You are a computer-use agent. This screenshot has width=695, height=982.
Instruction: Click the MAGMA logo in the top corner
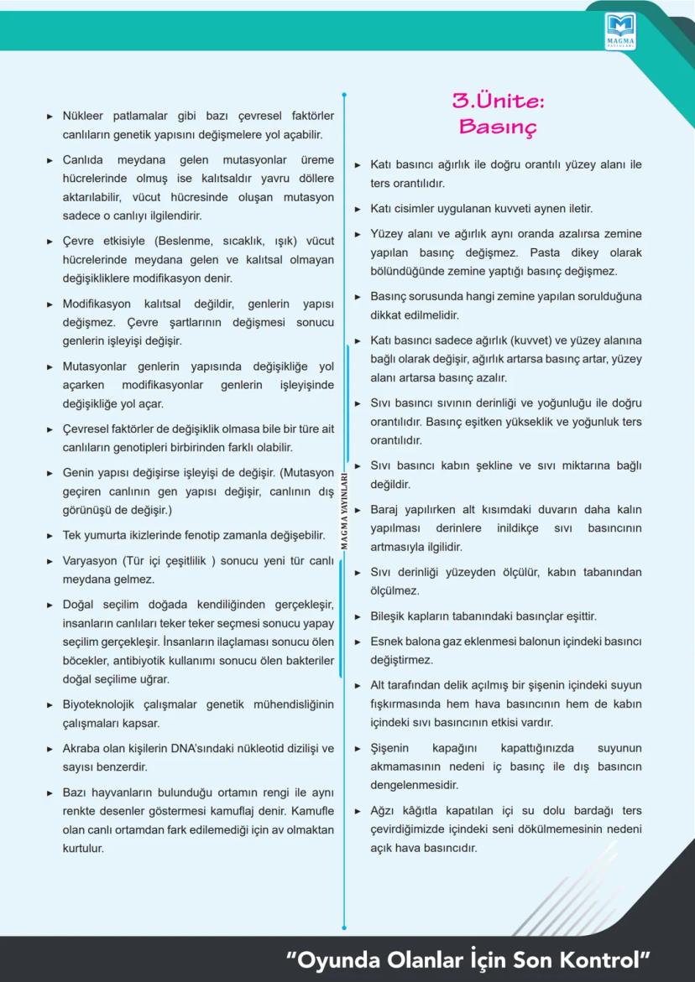pos(620,30)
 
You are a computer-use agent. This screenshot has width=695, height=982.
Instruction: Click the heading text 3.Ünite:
pos(499,101)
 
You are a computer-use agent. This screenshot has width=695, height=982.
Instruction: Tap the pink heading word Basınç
pos(498,127)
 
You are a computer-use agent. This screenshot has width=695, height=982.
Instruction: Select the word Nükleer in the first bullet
pos(86,116)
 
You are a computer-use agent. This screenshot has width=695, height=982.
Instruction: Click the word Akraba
pos(83,748)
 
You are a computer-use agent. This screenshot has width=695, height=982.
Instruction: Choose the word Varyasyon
pos(91,560)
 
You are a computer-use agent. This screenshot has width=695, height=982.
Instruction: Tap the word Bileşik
pos(392,616)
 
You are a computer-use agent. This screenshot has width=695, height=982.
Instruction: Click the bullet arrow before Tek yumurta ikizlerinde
pos(50,535)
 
